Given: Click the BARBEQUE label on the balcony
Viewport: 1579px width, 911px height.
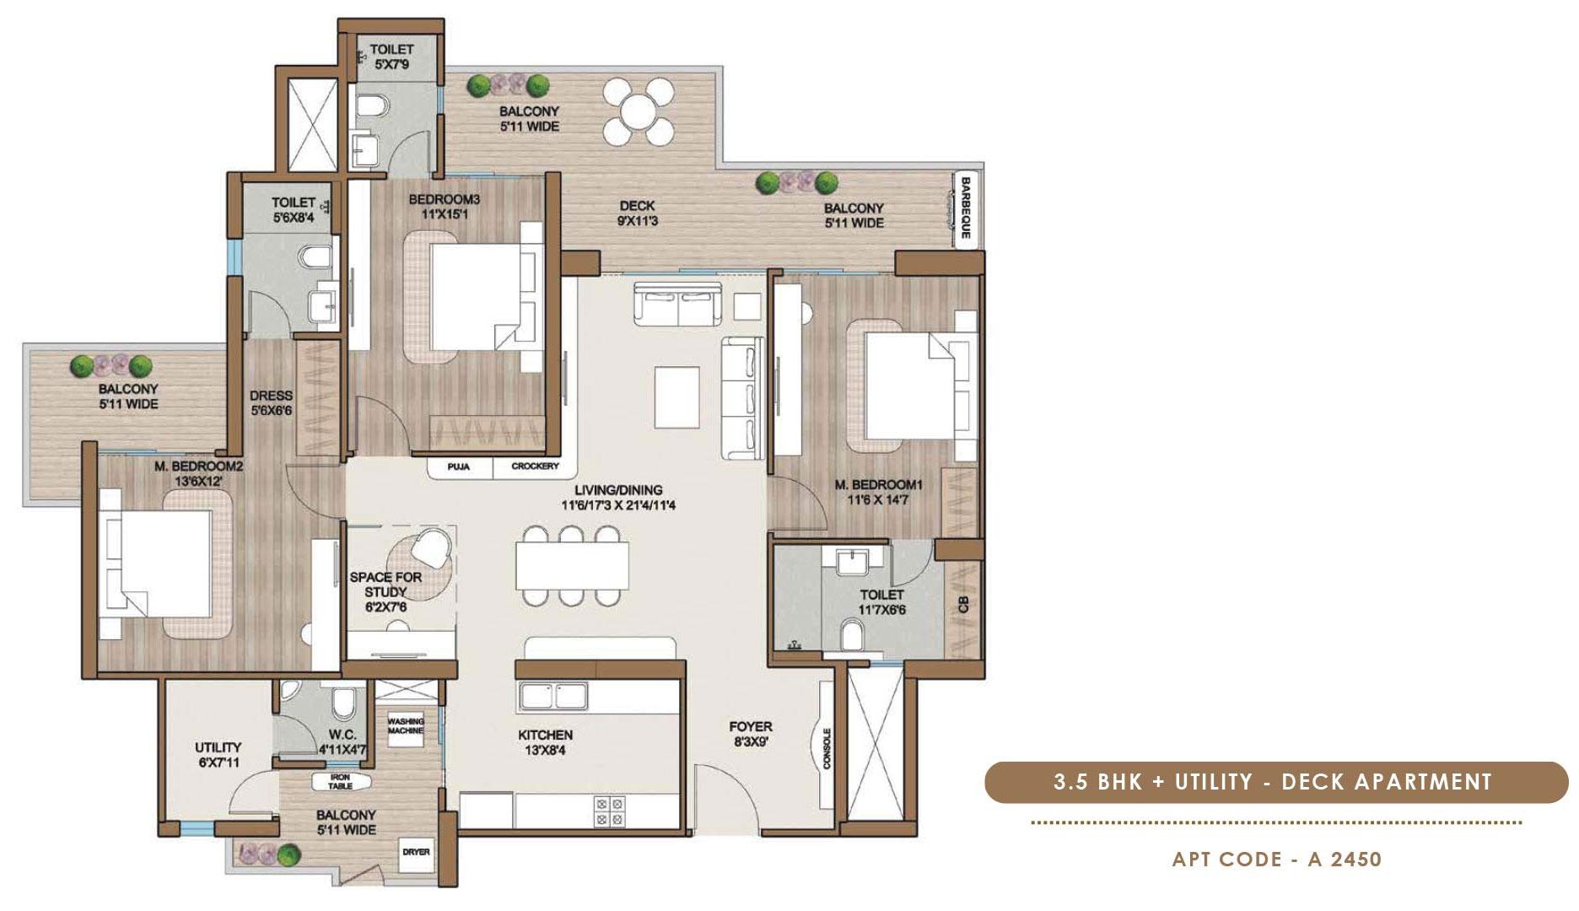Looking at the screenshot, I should click(966, 208).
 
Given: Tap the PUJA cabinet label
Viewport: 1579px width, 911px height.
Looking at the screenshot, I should click(459, 466).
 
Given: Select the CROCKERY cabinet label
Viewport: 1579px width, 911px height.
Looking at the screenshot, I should click(535, 466).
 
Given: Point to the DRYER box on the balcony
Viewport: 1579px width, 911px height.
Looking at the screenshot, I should click(416, 852).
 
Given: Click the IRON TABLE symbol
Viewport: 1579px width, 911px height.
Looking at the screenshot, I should click(340, 782).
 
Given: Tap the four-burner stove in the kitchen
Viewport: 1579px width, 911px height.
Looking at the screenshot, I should click(610, 811).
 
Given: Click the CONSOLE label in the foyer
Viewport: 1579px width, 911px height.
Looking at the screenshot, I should click(827, 748).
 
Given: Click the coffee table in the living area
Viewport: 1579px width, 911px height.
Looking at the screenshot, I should click(676, 391).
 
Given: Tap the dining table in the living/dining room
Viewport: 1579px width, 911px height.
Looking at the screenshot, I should click(573, 565).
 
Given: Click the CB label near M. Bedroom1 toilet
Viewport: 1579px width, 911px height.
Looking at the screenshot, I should click(963, 605).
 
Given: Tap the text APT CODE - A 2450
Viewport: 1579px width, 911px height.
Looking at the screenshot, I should click(1277, 860).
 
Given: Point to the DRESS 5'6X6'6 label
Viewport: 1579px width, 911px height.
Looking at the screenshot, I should click(271, 403).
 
